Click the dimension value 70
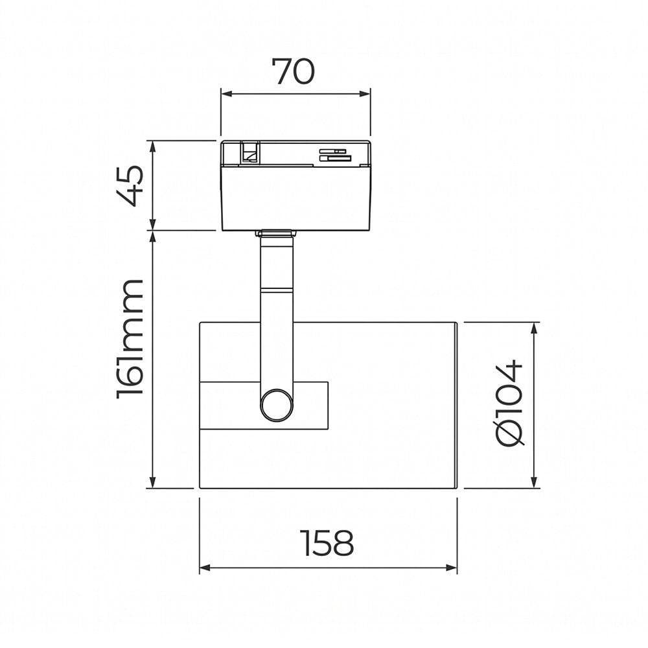tap(293, 72)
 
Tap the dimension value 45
tap(130, 185)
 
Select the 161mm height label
tap(130, 339)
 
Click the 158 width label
tap(327, 543)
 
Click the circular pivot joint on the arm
tap(277, 405)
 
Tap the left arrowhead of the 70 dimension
tap(226, 94)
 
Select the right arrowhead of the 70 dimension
tap(365, 94)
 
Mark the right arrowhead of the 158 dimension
tap(452, 568)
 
